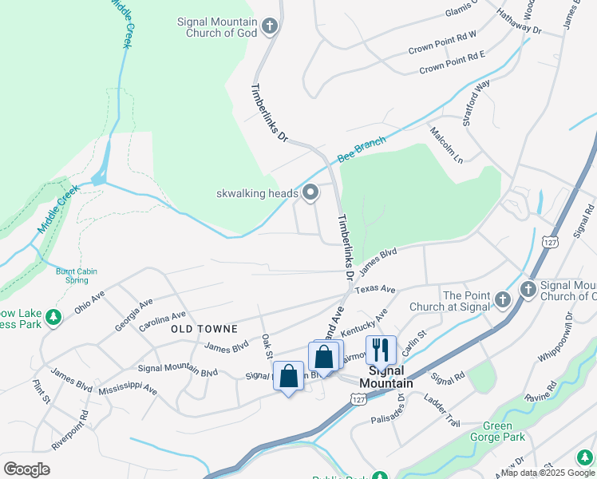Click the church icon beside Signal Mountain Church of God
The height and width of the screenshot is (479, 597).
[x=270, y=27]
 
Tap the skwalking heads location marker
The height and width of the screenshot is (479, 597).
[x=310, y=192]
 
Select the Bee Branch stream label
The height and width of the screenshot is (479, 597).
[x=361, y=148]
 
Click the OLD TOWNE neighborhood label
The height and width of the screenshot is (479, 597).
[x=204, y=329]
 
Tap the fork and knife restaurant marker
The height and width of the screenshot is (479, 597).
[x=381, y=350]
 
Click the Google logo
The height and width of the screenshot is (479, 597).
[x=26, y=469]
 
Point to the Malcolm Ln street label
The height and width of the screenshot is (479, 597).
[x=445, y=144]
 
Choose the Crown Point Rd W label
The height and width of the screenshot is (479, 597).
[x=441, y=49]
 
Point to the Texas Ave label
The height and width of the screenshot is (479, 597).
[x=375, y=289]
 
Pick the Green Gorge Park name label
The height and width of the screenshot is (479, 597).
[x=496, y=431]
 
